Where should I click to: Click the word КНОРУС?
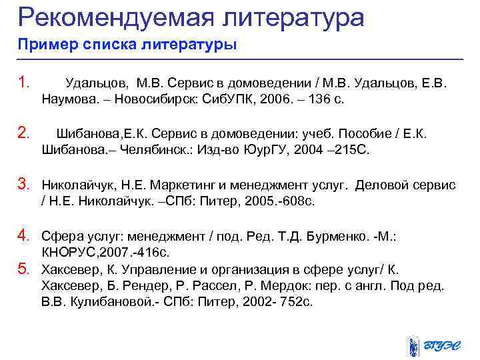73,253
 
